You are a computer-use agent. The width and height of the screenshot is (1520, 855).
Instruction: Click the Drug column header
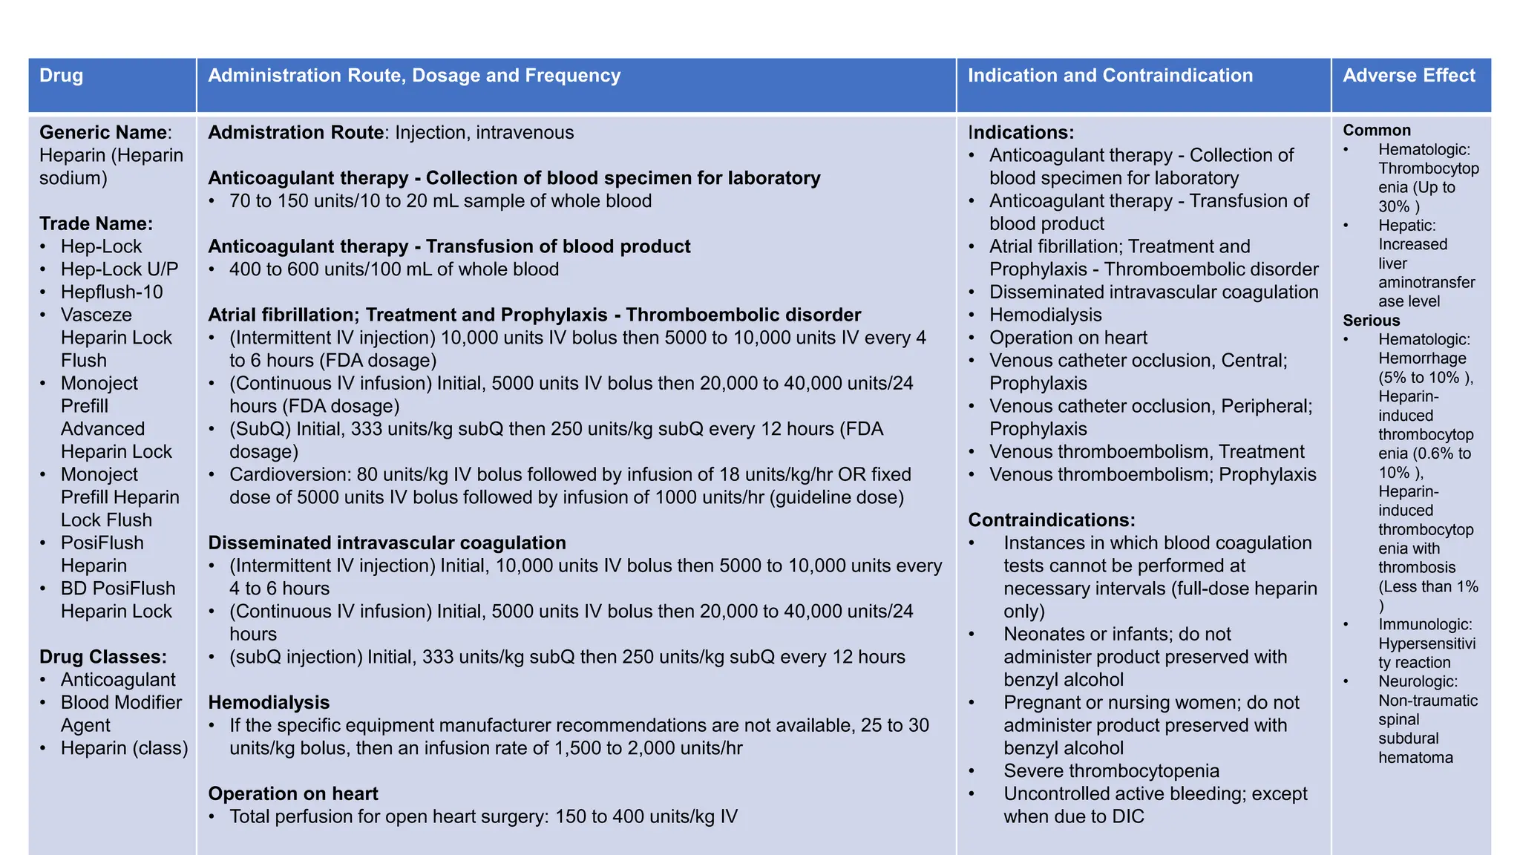[x=62, y=76]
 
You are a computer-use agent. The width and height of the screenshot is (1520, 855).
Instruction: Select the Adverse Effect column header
[x=1409, y=76]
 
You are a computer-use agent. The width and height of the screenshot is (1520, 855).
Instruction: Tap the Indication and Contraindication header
[x=1110, y=76]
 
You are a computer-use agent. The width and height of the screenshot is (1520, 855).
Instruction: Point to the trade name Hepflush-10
[x=111, y=292]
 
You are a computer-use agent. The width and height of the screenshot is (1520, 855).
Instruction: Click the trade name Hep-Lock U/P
[x=119, y=269]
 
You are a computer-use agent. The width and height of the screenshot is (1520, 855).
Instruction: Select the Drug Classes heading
[x=102, y=657]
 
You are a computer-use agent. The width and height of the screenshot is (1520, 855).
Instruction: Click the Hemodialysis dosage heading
[x=269, y=702]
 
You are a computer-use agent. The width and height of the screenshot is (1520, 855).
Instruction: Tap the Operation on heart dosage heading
[x=292, y=793]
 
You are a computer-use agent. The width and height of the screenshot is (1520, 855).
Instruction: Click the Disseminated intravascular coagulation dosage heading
[x=387, y=543]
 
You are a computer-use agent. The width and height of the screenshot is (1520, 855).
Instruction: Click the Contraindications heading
[x=1051, y=520]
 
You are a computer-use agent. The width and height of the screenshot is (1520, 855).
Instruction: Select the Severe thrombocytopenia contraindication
[x=1111, y=771]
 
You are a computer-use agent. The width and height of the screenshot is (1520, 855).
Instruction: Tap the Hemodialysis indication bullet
[x=1045, y=315]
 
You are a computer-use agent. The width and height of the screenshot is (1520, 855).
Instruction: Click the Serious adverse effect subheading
[x=1371, y=321]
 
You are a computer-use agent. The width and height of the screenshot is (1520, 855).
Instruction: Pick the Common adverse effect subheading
[x=1376, y=130]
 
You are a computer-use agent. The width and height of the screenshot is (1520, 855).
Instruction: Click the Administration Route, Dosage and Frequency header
[x=413, y=76]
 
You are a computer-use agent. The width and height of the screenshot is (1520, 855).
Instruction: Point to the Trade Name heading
[x=96, y=223]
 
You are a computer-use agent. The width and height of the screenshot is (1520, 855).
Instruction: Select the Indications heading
[x=1021, y=132]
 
